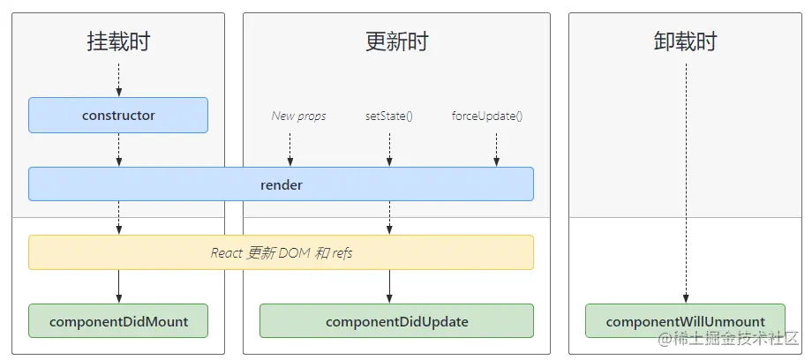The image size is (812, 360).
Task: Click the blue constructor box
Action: pos(118,115)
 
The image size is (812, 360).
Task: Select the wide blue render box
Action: pos(281,184)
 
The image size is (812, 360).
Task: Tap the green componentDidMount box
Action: pos(118,321)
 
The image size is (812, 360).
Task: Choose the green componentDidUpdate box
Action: pos(396,321)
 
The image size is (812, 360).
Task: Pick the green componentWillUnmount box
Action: pos(685,321)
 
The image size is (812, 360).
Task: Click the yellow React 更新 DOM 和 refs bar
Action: pos(281,252)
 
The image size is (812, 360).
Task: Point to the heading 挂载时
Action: pos(118,41)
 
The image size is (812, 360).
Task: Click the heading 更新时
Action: pos(396,41)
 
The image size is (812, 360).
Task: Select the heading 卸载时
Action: pos(685,41)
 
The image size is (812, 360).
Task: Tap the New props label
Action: pos(298,116)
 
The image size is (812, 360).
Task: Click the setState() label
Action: pos(388,116)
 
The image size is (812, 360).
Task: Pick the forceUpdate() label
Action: pos(487,116)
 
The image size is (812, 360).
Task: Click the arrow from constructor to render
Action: pos(118,149)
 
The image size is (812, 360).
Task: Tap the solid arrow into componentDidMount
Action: pos(118,287)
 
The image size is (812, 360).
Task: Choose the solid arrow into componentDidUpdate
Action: pos(388,287)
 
